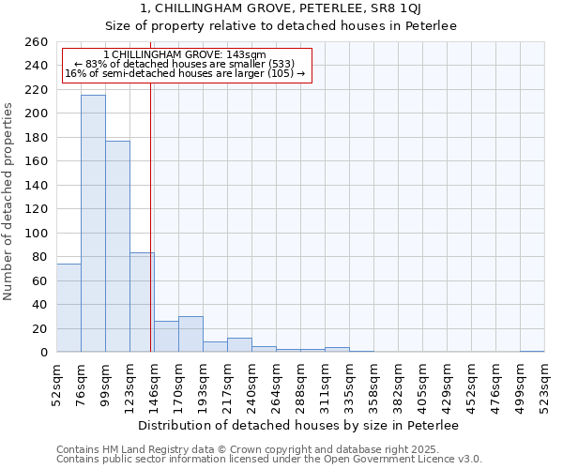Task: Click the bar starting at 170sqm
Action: pyautogui.click(x=190, y=334)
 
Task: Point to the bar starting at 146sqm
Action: pyautogui.click(x=166, y=337)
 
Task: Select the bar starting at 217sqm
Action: pyautogui.click(x=239, y=345)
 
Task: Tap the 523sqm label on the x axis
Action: pyautogui.click(x=544, y=383)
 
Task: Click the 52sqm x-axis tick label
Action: pyautogui.click(x=56, y=383)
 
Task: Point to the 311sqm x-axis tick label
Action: pyautogui.click(x=325, y=383)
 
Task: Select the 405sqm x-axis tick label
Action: pyautogui.click(x=422, y=383)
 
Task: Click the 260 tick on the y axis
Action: pyautogui.click(x=37, y=42)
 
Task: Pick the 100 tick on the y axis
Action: pyautogui.click(x=37, y=233)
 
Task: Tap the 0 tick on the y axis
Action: pyautogui.click(x=43, y=353)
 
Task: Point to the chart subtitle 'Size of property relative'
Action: pyautogui.click(x=281, y=26)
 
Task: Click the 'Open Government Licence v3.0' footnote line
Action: pyautogui.click(x=269, y=459)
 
